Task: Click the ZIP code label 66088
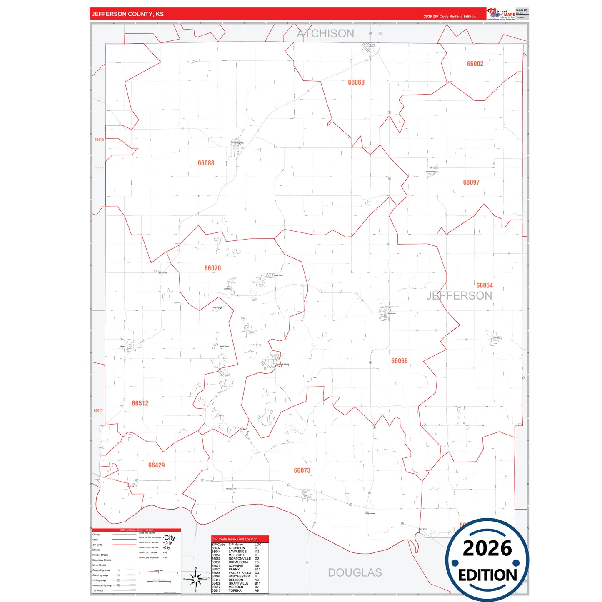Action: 206,163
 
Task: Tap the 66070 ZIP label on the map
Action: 212,268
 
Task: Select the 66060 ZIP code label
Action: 356,82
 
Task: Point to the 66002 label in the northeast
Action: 475,64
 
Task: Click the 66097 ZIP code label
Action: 471,182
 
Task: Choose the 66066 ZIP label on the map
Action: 399,361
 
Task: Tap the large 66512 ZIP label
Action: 140,403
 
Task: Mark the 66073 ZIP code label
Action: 302,470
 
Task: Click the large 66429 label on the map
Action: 156,465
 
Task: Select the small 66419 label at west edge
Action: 99,140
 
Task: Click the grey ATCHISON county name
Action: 325,34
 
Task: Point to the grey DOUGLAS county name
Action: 355,572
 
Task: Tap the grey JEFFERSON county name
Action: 459,296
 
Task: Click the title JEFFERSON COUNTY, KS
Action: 127,14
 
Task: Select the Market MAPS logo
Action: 502,14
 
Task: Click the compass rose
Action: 195,579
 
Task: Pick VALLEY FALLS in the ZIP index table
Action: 240,573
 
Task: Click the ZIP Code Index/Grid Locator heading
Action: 235,539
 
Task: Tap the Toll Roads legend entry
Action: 98,590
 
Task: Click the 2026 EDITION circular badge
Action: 487,561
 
